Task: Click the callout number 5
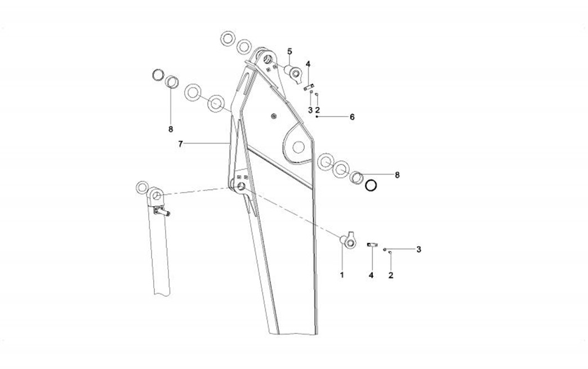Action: tap(289, 51)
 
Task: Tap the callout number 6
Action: tap(352, 117)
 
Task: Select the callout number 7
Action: tap(180, 144)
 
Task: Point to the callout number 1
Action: tap(342, 275)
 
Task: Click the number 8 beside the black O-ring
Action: tap(398, 175)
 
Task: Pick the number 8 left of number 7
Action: tap(171, 130)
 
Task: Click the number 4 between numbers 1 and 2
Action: tap(371, 275)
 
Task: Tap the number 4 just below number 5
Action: tap(308, 64)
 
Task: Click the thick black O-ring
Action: tap(371, 185)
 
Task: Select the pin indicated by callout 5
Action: tap(293, 72)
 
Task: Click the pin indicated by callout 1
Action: tap(348, 241)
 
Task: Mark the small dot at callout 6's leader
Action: tap(317, 117)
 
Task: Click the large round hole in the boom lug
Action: tap(298, 147)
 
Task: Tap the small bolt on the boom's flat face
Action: tap(274, 116)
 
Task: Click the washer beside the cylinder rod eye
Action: tap(142, 187)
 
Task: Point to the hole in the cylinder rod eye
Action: tap(157, 195)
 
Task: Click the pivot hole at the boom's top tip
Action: tap(268, 59)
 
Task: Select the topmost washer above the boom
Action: tap(228, 39)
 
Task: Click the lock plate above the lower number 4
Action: tap(372, 245)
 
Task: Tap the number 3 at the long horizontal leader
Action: tap(419, 250)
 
